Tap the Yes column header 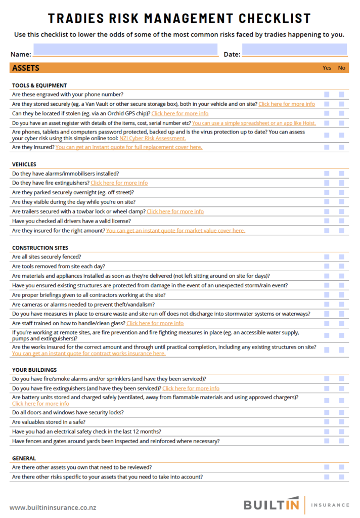[x=327, y=68]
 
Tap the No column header [x=342, y=68]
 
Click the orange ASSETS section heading [x=26, y=68]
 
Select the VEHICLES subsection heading [x=24, y=164]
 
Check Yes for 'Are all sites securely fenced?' [x=327, y=257]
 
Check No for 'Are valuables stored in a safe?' [x=342, y=422]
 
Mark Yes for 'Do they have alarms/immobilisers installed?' [x=327, y=174]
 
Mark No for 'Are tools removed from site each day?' [x=342, y=267]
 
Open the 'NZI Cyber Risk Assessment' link [x=153, y=138]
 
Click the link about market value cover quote [x=175, y=231]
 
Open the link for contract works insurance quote [x=88, y=354]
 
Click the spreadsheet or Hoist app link [x=261, y=123]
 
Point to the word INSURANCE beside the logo [x=330, y=505]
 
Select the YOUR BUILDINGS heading [x=34, y=370]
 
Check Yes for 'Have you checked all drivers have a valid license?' [x=327, y=221]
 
